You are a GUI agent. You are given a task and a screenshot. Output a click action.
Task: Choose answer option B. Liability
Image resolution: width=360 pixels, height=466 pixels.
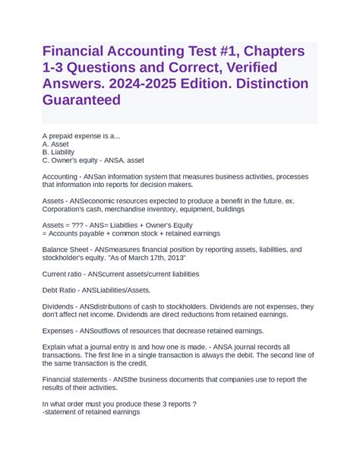coord(58,151)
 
